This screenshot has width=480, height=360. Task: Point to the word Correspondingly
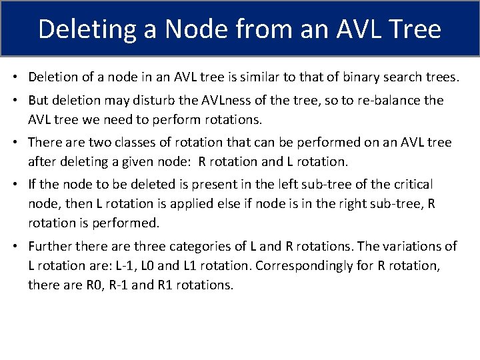[x=303, y=265]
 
